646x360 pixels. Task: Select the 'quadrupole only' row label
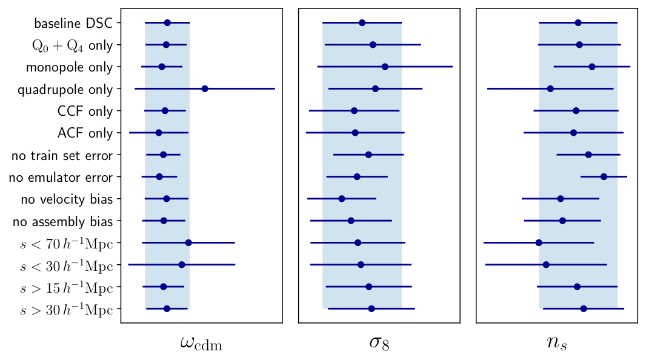click(65, 90)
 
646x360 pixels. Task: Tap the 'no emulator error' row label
click(62, 178)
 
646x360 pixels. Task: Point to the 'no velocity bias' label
click(67, 199)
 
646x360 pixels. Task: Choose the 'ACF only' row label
click(85, 133)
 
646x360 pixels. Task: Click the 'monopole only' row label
click(69, 67)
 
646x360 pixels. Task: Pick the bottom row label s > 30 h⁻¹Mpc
click(67, 310)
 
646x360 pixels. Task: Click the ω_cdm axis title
click(201, 344)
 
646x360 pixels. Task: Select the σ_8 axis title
click(379, 342)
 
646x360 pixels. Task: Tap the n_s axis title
click(556, 342)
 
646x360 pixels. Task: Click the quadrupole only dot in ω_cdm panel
click(205, 89)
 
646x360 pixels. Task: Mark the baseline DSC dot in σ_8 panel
click(362, 22)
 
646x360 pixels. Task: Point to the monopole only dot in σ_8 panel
click(385, 67)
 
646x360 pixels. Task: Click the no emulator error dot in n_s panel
click(604, 177)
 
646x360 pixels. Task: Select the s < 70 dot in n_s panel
click(539, 242)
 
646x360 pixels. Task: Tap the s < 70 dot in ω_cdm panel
click(188, 242)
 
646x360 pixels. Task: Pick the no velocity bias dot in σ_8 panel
click(342, 199)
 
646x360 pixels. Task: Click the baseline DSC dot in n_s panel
click(578, 22)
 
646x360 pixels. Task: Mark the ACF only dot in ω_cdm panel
click(159, 132)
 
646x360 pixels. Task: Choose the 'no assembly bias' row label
click(62, 222)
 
